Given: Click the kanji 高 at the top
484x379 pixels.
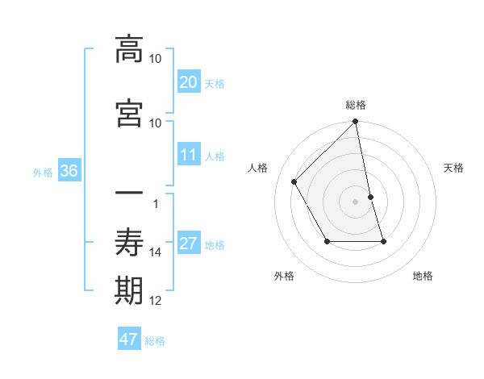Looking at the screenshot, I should (129, 50).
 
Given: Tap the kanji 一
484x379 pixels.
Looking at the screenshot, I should (129, 195).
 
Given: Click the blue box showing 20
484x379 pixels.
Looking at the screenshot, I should (188, 82).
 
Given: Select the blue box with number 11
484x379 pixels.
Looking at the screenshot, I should (188, 155).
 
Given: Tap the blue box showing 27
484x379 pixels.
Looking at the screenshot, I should (188, 244).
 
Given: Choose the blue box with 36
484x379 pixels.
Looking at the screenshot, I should (69, 171).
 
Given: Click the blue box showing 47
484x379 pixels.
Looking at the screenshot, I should (129, 339).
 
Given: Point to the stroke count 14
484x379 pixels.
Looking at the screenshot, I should (156, 252).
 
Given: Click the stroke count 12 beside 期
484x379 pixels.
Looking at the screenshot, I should (156, 301).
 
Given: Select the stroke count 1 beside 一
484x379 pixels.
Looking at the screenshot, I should (156, 203).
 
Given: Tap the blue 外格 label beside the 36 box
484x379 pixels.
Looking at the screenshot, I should (43, 172).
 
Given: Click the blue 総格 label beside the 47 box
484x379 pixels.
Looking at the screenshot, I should (155, 341).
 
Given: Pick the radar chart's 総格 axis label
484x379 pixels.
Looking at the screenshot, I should (356, 105).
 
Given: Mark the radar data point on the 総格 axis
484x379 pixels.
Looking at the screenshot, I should (356, 123).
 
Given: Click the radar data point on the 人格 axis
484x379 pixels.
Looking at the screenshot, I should (294, 182).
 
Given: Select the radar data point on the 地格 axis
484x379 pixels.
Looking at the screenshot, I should (383, 241).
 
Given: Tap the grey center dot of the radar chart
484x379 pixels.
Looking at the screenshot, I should (356, 201).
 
